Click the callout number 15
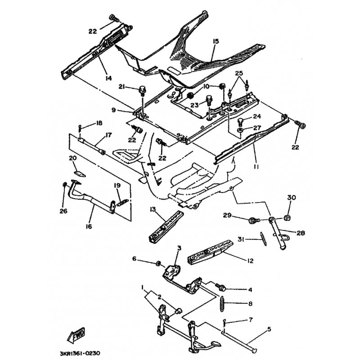click(216, 41)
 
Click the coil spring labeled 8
click(221, 303)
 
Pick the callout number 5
click(269, 329)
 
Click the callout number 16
click(88, 226)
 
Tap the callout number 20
click(72, 158)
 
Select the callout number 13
click(153, 209)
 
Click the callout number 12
click(250, 260)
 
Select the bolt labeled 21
click(139, 88)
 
